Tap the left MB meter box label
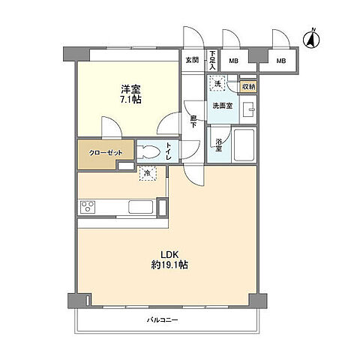click(233, 60)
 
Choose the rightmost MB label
click(280, 60)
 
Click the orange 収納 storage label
click(247, 87)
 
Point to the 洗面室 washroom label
click(221, 105)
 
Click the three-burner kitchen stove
click(87, 207)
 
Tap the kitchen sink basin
click(139, 207)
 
